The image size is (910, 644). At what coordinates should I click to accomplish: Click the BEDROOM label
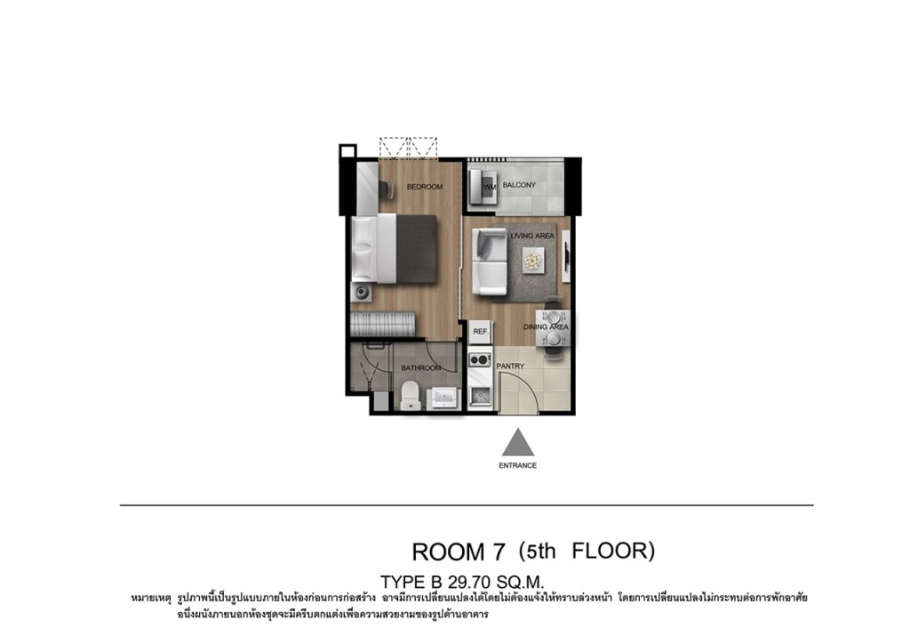424,187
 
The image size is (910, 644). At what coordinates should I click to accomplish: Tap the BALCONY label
519,185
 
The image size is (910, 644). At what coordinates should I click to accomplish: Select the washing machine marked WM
483,186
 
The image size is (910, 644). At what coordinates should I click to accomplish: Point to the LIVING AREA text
532,236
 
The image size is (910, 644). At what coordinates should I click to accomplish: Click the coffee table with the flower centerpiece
533,260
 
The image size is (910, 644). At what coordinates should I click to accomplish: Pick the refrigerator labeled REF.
481,331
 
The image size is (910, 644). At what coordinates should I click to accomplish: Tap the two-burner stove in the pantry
480,360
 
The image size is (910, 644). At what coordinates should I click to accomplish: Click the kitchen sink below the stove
481,396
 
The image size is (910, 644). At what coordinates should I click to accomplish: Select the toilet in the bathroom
411,395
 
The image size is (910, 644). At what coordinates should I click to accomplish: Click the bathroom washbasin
444,398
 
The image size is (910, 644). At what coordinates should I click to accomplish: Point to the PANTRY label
510,366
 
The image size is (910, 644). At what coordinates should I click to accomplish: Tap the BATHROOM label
420,367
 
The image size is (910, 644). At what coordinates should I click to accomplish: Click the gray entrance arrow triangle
518,442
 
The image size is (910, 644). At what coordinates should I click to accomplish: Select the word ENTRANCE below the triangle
518,465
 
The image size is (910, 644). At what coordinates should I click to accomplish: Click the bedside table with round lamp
362,292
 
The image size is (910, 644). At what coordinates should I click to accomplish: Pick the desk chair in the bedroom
386,189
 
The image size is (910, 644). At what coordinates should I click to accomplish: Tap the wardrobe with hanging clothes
382,324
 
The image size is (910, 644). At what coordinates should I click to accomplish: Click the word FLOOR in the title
613,550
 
